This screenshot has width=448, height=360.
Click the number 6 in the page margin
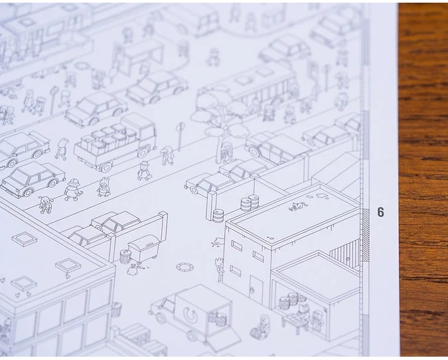pos(380,212)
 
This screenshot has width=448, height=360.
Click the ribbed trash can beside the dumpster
pos(125,256)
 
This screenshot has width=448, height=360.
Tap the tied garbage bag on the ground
pos(132,270)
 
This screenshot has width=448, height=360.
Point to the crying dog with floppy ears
pos(45,205)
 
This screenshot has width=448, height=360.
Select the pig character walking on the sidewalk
pos(103,187)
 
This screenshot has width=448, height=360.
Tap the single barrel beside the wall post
pos(218,216)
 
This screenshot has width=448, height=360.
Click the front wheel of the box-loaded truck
pos(107,167)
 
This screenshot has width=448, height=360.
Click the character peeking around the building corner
pos(220,270)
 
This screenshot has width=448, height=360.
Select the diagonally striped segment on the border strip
pos(366,235)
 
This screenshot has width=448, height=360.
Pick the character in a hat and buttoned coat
pos(144,171)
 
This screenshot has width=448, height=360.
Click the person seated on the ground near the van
pos(261,327)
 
